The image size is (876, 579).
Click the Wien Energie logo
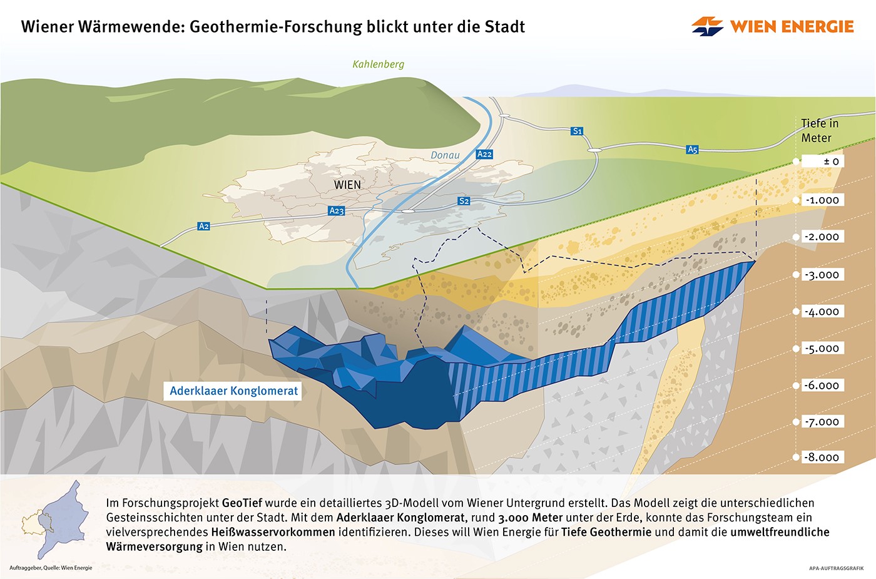coord(772,26)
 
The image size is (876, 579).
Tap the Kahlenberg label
coord(378,64)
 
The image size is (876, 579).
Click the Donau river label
coord(445,155)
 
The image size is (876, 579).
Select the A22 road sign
coord(484,154)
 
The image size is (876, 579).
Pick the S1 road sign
coord(577,131)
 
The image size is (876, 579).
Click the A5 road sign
coord(692,150)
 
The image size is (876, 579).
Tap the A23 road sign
coord(337,211)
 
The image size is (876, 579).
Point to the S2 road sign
coord(464,201)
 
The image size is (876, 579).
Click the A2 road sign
coord(203,226)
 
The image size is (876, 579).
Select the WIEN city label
coord(347,185)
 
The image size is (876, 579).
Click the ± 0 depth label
coord(823,161)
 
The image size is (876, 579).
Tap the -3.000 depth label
coord(823,275)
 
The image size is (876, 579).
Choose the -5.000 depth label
coord(823,349)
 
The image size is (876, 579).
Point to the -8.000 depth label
coord(823,457)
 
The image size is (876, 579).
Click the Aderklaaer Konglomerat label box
coord(234,391)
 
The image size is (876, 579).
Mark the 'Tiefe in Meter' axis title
coord(819,131)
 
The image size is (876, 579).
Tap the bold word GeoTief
coord(242,503)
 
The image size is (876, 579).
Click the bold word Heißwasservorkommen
coord(273,532)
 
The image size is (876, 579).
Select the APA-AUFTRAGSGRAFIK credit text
coord(836,568)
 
